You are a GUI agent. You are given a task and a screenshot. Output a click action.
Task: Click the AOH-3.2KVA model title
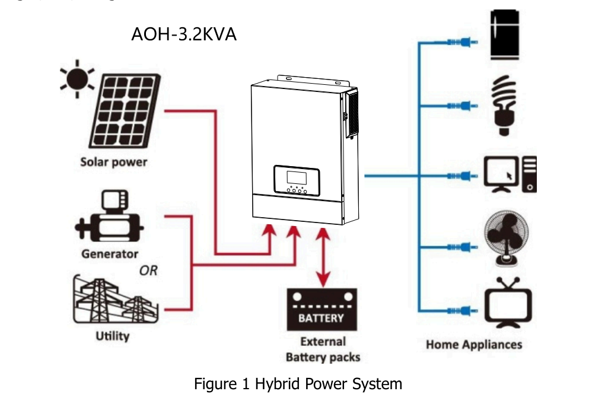point(183,34)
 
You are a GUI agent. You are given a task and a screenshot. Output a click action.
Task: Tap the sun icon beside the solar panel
point(77,81)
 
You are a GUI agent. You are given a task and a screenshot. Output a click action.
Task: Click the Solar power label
point(114,162)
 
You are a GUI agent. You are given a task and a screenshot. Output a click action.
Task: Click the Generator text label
point(110,254)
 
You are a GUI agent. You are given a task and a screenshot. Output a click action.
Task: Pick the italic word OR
point(148,271)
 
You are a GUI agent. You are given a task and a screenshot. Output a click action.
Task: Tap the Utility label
point(113,336)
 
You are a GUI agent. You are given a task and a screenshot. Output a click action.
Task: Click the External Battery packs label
point(323,349)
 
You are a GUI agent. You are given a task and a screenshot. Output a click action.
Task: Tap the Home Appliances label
point(474,345)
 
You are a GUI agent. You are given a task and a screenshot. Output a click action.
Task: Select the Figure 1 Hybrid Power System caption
point(298,384)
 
